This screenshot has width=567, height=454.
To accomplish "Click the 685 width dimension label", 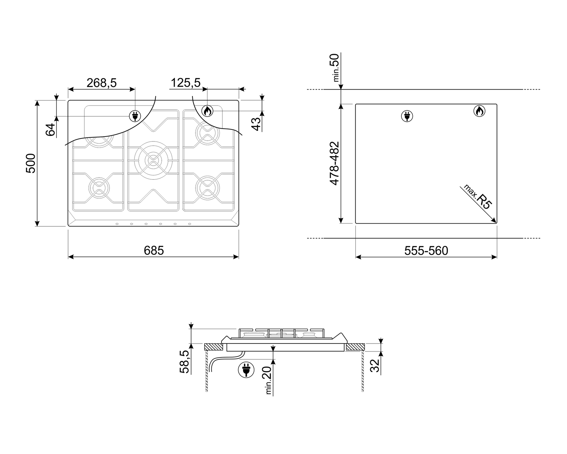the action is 153,250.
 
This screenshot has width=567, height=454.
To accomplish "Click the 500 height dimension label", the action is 31,163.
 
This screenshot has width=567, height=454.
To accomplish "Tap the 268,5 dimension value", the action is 101,83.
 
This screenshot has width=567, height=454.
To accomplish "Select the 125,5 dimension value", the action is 186,82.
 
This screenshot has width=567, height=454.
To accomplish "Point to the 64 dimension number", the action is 51,129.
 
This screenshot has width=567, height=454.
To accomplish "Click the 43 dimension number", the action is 256,124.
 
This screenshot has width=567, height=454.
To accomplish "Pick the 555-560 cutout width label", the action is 426,250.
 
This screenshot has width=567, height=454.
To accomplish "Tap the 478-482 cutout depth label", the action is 335,163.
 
